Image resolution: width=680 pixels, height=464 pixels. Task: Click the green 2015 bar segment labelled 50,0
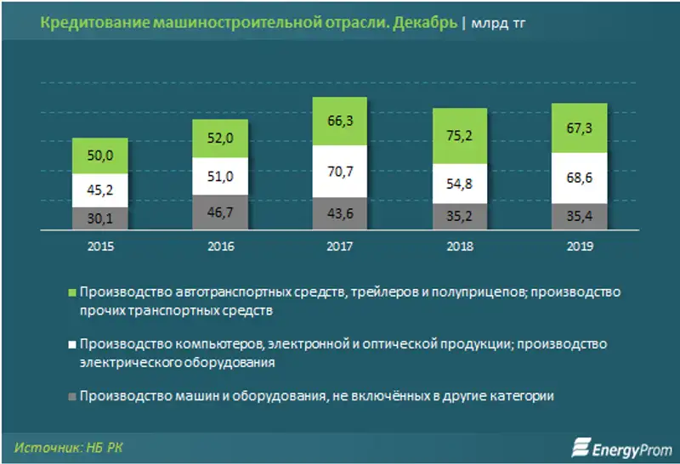[x=100, y=156]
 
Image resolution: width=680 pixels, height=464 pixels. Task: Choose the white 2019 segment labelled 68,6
[x=580, y=178]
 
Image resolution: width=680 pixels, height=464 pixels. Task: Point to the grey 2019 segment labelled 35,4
[x=580, y=218]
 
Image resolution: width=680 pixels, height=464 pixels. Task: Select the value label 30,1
[x=100, y=219]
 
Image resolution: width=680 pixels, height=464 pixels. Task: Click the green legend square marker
[x=72, y=292]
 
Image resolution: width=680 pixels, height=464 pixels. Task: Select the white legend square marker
[x=72, y=344]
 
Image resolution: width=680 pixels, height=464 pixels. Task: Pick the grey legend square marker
[x=72, y=396]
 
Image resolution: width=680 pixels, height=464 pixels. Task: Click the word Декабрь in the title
[x=422, y=23]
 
